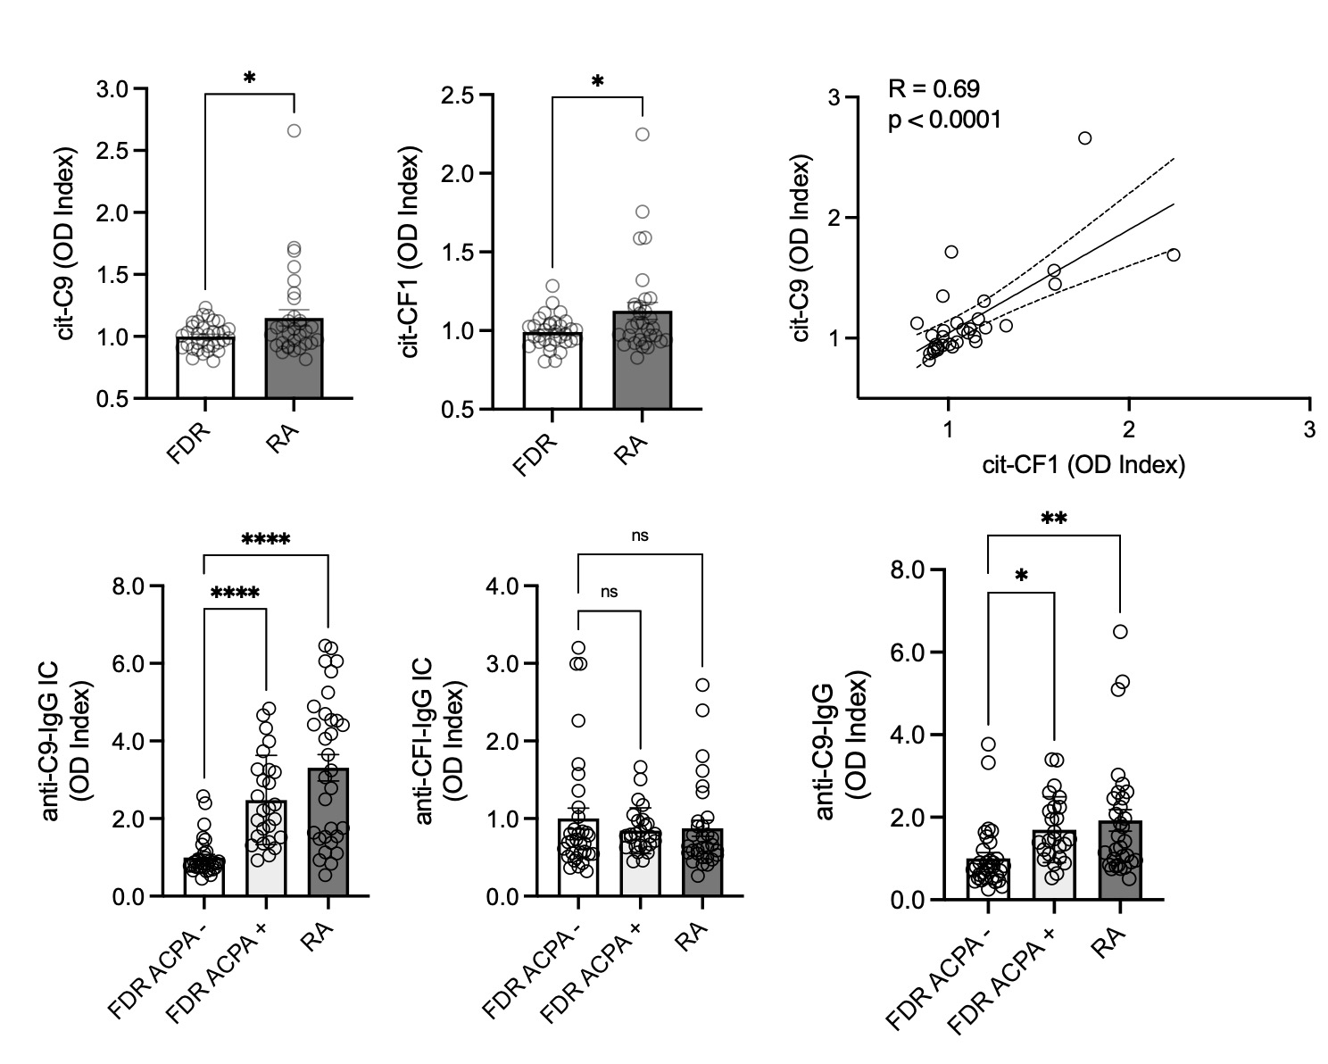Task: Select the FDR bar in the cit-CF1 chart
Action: (x=552, y=370)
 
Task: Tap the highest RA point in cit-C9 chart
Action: (x=294, y=130)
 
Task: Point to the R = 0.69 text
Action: (x=934, y=88)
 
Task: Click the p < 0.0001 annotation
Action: (x=944, y=119)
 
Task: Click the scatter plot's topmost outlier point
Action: (x=1084, y=137)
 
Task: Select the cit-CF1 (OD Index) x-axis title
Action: (x=1083, y=464)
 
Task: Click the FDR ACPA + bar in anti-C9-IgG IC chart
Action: (x=267, y=848)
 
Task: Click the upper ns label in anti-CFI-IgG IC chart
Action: (x=640, y=536)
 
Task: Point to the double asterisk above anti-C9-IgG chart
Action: (x=1054, y=518)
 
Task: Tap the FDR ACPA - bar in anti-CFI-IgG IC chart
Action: (x=578, y=857)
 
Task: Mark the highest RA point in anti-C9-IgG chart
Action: (x=1119, y=632)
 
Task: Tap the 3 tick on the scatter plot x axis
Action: (x=1309, y=428)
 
